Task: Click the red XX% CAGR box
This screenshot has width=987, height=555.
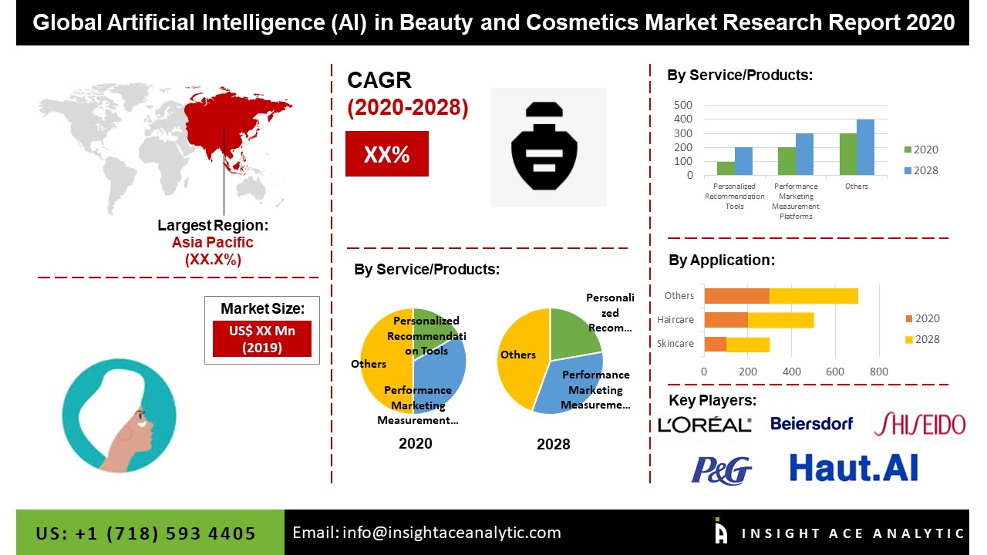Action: coord(386,154)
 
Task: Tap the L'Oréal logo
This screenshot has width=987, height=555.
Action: coord(704,424)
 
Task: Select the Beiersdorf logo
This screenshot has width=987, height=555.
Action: coord(812,423)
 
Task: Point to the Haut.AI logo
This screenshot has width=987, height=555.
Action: coord(854,467)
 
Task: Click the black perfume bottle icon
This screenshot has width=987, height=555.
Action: coord(548,147)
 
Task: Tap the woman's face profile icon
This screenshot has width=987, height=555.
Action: coord(109,415)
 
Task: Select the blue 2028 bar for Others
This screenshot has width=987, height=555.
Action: coord(865,147)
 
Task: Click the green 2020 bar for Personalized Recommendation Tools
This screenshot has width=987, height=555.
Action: coord(726,168)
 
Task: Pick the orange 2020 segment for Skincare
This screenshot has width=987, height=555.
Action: coord(715,344)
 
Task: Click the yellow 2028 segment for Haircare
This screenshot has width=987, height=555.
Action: coord(780,320)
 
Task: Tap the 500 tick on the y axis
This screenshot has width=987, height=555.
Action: coord(683,105)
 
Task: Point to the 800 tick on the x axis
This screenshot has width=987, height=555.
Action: coord(878,372)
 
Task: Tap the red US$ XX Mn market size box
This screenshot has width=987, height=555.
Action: coord(262,338)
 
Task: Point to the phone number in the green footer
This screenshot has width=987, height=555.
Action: coord(146,533)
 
